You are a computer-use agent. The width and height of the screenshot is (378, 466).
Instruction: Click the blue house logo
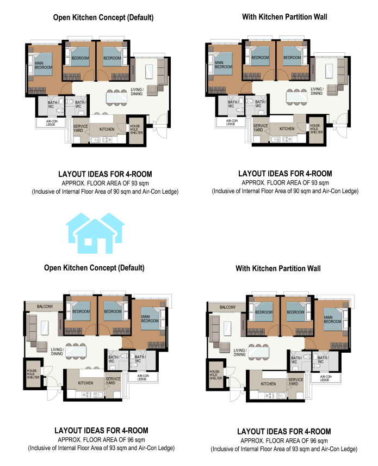pos(95,234)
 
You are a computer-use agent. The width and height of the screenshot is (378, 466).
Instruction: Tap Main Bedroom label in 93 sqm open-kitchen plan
pos(44,65)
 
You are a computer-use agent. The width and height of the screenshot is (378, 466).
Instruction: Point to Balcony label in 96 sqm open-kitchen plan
pos(45,306)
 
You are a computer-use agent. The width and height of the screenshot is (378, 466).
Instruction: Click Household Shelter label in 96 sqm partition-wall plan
pos(215,375)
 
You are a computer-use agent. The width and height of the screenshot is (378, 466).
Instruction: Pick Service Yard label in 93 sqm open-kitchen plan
pos(80,128)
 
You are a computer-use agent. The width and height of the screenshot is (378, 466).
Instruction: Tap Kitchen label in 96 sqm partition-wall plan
pos(268,384)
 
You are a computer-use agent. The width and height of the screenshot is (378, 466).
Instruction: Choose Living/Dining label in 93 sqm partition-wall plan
pos(317,91)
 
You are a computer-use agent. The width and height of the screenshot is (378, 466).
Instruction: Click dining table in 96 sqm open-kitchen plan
pos(76,351)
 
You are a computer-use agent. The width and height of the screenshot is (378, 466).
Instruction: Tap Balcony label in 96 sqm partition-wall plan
pos(228,307)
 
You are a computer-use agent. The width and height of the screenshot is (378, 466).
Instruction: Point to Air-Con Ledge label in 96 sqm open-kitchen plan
pos(143,377)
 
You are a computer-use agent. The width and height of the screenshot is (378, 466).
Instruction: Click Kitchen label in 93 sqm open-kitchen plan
pos(107,129)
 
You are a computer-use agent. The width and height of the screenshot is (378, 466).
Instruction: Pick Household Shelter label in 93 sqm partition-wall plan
pos(315,128)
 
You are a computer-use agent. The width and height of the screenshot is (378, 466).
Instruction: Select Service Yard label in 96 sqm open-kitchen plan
pos(113,381)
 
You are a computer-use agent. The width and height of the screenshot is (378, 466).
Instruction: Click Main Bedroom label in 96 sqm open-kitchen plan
pos(150,319)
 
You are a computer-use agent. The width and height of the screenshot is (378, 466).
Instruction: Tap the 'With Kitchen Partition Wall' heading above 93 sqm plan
pos(284,17)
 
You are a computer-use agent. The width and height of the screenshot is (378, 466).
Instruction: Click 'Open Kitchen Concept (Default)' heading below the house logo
pos(94,268)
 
